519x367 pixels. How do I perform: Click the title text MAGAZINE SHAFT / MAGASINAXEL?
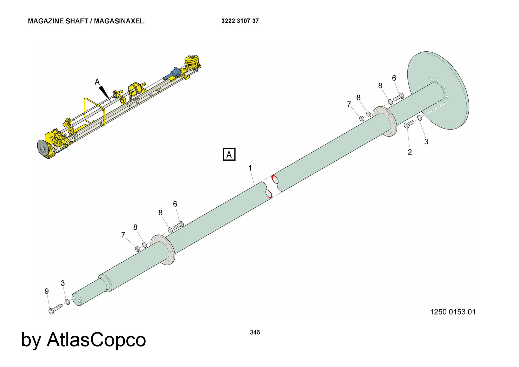coord(86,21)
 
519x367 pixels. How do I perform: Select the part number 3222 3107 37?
coord(240,21)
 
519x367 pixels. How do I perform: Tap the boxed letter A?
coord(229,154)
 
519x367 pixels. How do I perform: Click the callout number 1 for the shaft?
coord(250,168)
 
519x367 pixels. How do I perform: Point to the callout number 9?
coord(47,291)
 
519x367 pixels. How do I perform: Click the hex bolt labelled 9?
coord(55,309)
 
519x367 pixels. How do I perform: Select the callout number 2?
coord(409,152)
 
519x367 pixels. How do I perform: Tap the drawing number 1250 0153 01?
coord(453,312)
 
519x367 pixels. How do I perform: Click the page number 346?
coord(255,332)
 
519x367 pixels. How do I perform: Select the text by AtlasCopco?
coord(83,339)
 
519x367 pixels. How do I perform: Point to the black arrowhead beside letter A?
coord(105,92)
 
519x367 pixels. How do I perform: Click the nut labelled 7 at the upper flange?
coord(361,119)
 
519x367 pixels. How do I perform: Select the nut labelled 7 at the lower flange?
coord(138,249)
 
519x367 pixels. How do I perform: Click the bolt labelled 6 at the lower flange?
coord(178,225)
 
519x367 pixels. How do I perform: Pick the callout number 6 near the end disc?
coord(394,78)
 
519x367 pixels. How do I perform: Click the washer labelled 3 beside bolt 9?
coord(67,302)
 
